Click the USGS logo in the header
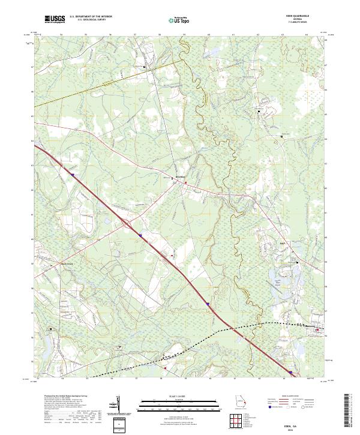point(55,20)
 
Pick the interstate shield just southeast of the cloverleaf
point(140,235)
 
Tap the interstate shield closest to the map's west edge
point(73,175)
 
